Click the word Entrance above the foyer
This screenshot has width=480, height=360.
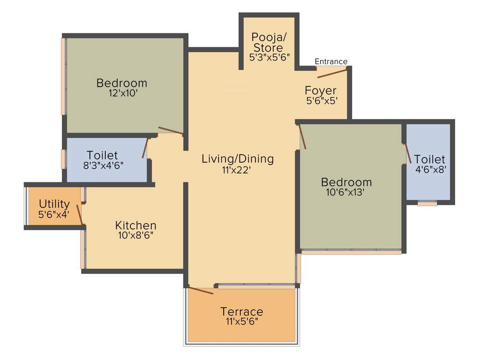[x=331, y=61]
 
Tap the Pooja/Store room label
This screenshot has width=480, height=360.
[x=268, y=42]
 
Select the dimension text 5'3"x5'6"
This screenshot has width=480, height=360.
[x=270, y=57]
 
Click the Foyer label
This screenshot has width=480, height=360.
[x=321, y=90]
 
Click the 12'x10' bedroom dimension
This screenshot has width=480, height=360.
[x=121, y=93]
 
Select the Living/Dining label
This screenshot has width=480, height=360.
[x=238, y=158]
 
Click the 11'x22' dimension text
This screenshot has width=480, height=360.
[x=237, y=170]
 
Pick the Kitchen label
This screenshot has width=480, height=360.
[x=136, y=225]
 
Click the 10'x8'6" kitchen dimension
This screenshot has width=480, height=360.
[x=136, y=235]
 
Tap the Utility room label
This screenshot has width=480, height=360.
[x=54, y=204]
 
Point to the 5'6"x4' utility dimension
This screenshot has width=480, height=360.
[x=54, y=214]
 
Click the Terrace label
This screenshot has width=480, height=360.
[x=242, y=312]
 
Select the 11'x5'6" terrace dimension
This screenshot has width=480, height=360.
[x=242, y=322]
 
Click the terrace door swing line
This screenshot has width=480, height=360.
[x=201, y=290]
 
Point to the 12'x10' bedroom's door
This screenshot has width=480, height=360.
[x=171, y=130]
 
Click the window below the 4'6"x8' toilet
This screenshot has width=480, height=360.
[x=427, y=204]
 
